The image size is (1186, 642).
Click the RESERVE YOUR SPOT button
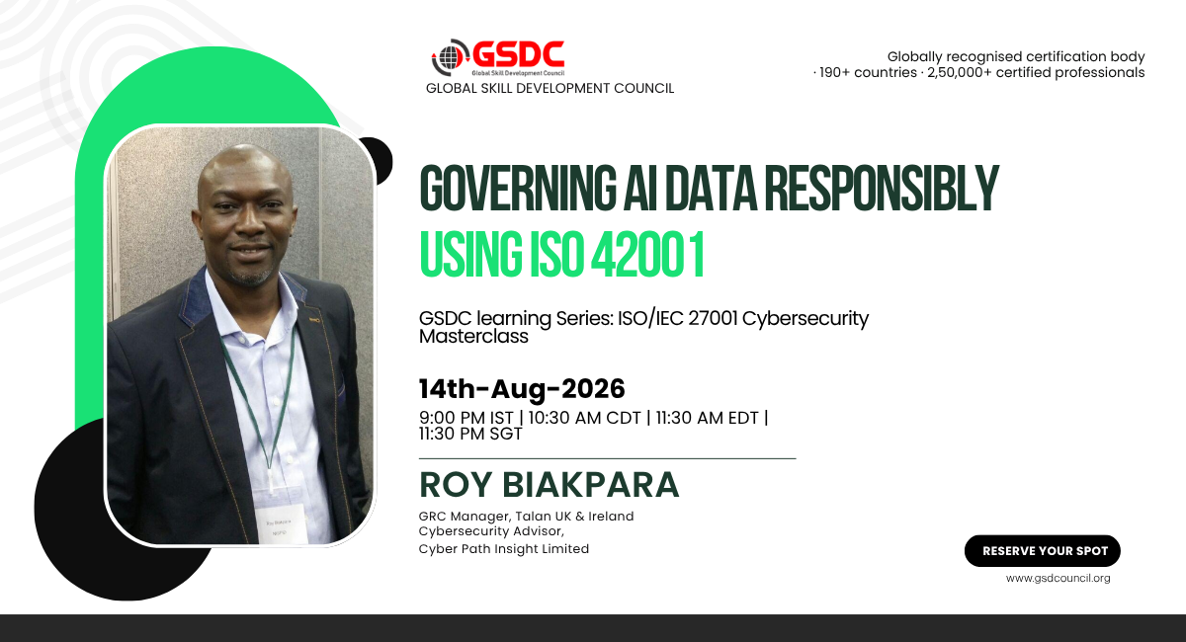[x=1042, y=551]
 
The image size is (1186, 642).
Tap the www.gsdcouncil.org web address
[x=1058, y=579]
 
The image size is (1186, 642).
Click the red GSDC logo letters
[x=518, y=54]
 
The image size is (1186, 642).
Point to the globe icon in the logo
[x=450, y=56]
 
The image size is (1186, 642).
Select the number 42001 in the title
[x=647, y=255]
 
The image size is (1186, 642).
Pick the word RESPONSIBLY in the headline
[x=882, y=188]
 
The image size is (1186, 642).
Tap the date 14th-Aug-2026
[x=522, y=389]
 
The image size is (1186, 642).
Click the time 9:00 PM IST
[x=466, y=418]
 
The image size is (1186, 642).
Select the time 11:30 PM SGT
[x=470, y=434]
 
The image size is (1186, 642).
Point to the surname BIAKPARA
[x=590, y=485]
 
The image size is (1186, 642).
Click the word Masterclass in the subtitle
[x=473, y=337]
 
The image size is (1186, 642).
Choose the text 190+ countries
[x=869, y=72]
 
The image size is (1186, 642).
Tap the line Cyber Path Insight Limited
[x=503, y=549]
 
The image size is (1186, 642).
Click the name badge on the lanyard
[x=281, y=524]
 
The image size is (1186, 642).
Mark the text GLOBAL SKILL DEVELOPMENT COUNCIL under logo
[x=550, y=88]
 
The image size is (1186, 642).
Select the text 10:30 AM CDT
[x=584, y=418]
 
